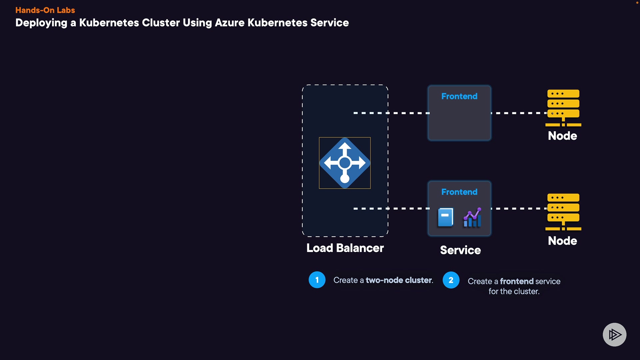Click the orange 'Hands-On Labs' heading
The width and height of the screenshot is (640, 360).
[x=45, y=10]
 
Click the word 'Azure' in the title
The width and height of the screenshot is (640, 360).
[x=230, y=23]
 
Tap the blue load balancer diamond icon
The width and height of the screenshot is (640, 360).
[x=345, y=163]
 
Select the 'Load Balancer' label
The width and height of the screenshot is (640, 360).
[x=345, y=248]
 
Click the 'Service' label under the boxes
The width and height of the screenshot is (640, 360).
[x=460, y=250]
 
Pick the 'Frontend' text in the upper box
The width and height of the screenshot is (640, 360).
[x=459, y=96]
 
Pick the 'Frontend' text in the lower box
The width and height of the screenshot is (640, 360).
[x=459, y=192]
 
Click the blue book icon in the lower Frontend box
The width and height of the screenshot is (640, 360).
[x=445, y=217]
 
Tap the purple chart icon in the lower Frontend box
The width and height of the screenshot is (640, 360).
[x=472, y=217]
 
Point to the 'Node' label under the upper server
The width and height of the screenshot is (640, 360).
[x=562, y=136]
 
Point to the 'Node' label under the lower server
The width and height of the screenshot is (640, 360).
[x=562, y=241]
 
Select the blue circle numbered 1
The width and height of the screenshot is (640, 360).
[x=317, y=280]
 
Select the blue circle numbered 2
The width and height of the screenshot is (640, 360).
[x=451, y=280]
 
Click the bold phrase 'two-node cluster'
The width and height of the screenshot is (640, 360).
[x=399, y=280]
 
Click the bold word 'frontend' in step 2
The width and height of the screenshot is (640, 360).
[x=517, y=281]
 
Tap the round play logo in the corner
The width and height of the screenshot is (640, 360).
[x=614, y=334]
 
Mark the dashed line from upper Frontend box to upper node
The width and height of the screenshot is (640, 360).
[x=519, y=113]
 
